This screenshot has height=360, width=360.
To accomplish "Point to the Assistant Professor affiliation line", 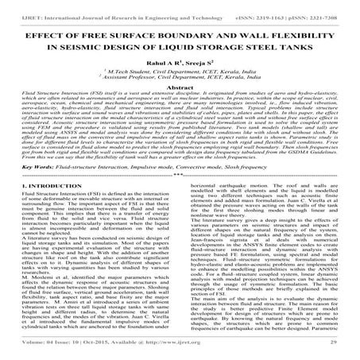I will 180,79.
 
